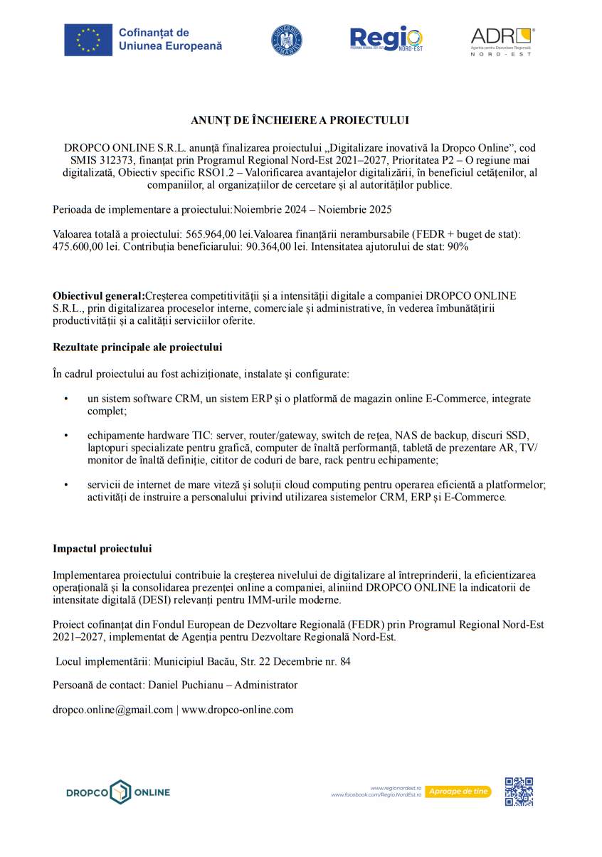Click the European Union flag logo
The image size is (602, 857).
coord(88,40)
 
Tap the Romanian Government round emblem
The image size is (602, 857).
coord(286,40)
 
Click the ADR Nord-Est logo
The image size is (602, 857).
coord(502,41)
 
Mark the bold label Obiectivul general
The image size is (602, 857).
coord(98,295)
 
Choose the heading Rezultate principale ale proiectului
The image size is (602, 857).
coord(137,347)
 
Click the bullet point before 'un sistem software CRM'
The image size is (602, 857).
coord(66,399)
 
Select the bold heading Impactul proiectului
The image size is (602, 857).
coord(102,549)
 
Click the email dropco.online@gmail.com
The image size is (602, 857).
coord(112,710)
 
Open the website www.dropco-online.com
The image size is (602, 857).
coord(238,710)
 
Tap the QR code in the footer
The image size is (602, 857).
coord(519,792)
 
